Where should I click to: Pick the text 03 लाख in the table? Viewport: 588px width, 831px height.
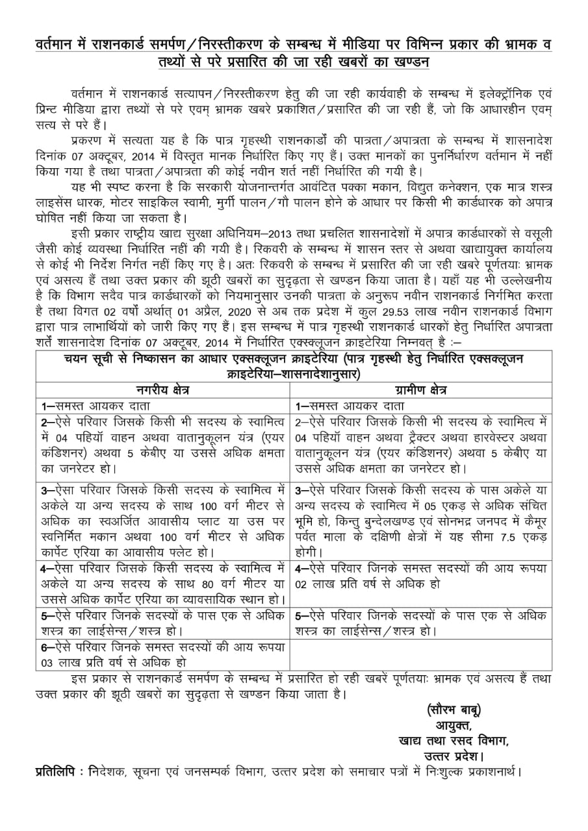click(x=59, y=663)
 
